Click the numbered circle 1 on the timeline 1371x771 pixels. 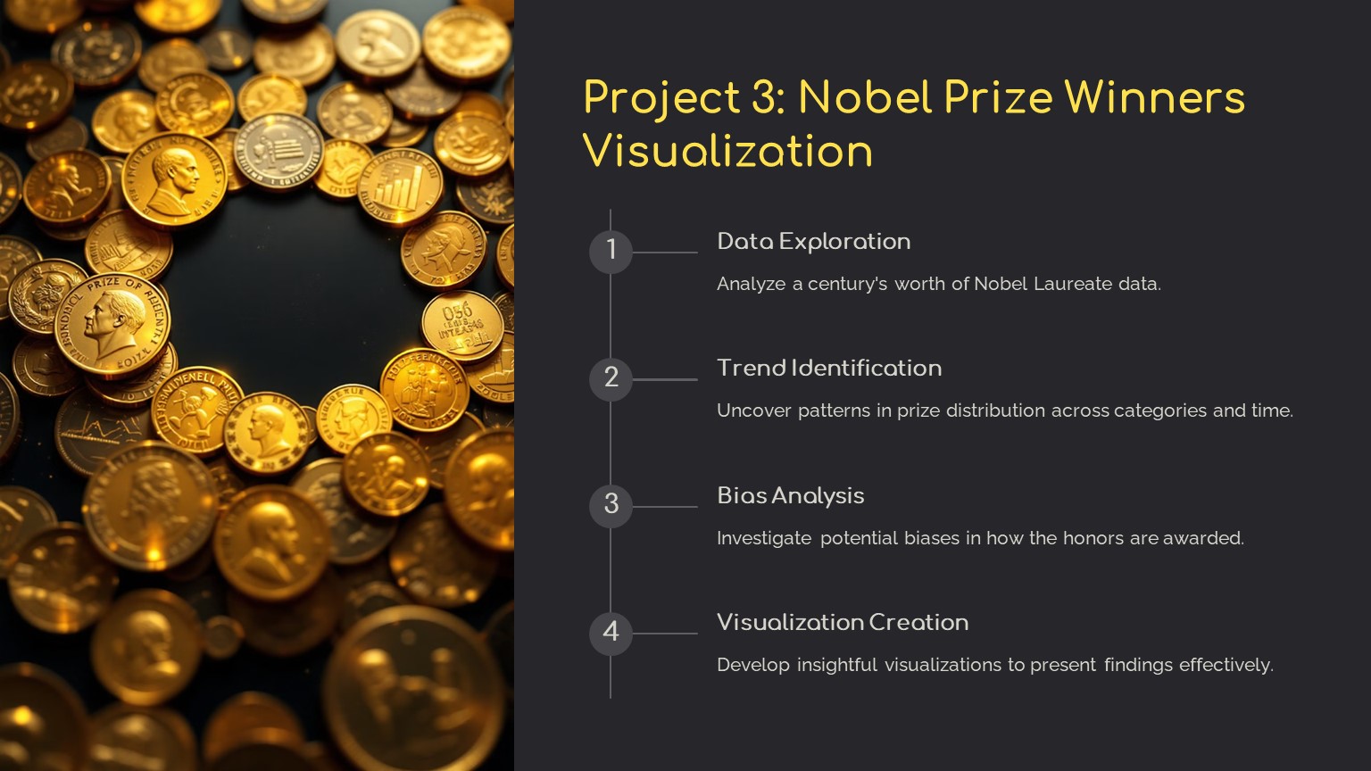pyautogui.click(x=611, y=253)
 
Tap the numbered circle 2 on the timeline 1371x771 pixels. pyautogui.click(x=611, y=379)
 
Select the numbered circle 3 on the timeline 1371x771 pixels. pyautogui.click(x=611, y=507)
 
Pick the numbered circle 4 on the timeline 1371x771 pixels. pyautogui.click(x=611, y=634)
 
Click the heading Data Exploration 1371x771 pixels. pyautogui.click(x=813, y=242)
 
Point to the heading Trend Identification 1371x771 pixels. pyautogui.click(x=829, y=369)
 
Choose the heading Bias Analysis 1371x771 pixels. pyautogui.click(x=790, y=495)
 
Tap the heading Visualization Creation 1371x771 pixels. pyautogui.click(x=843, y=622)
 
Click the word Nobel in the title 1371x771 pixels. pyautogui.click(x=866, y=97)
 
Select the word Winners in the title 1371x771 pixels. pyautogui.click(x=1154, y=97)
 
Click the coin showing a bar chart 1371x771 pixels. pyautogui.click(x=400, y=187)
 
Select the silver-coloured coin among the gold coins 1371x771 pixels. pyautogui.click(x=278, y=151)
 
